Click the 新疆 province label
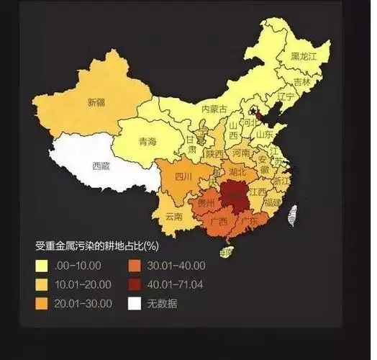pyautogui.click(x=96, y=102)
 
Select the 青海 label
pyautogui.click(x=147, y=141)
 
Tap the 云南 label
pyautogui.click(x=174, y=215)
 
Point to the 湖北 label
pyautogui.click(x=237, y=172)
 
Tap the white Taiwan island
pyautogui.click(x=293, y=214)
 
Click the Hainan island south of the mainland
pyautogui.click(x=226, y=252)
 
